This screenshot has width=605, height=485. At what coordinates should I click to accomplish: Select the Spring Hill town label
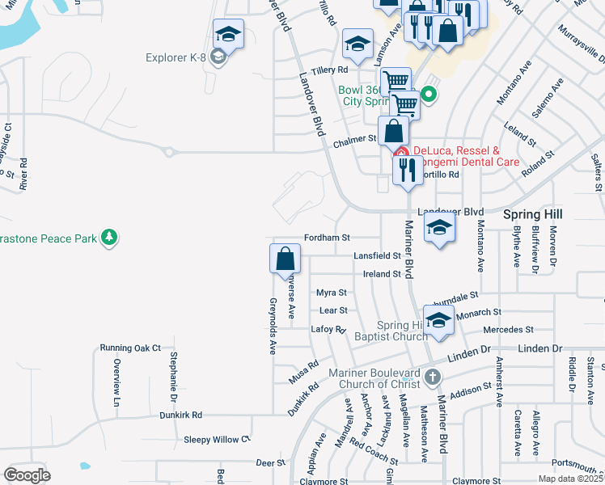point(532,214)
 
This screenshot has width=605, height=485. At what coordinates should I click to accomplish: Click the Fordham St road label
point(326,238)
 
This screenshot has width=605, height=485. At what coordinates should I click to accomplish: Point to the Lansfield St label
point(378,256)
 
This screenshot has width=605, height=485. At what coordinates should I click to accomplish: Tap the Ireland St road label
point(382,274)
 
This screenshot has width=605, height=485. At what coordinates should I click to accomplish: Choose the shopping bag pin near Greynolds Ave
point(286,259)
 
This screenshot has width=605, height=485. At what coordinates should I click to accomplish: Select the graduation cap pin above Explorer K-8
point(228,35)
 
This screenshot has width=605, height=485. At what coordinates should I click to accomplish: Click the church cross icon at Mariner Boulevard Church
point(433,377)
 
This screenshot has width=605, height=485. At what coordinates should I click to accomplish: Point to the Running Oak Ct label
point(131,348)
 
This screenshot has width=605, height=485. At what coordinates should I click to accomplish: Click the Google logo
point(27,475)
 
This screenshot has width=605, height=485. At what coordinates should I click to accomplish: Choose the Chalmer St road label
point(356,139)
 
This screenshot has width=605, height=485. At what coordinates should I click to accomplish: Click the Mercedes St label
point(508,330)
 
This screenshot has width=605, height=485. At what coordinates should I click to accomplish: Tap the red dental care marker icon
point(400,151)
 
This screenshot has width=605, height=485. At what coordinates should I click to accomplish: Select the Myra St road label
point(331,293)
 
